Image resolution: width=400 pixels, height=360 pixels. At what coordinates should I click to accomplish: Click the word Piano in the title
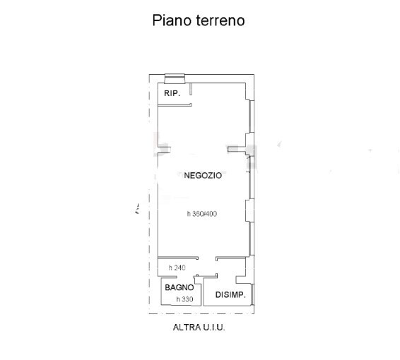[172, 20]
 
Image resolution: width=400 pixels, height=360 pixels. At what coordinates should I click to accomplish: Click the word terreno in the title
[220, 21]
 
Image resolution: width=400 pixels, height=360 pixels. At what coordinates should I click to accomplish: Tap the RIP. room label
[172, 93]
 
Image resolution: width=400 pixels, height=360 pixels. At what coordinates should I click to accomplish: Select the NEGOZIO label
[203, 175]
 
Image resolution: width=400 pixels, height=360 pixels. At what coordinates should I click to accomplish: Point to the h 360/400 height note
[202, 213]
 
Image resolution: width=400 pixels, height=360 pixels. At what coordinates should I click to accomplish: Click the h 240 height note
[177, 268]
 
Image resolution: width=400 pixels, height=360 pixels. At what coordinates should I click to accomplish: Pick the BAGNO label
[180, 287]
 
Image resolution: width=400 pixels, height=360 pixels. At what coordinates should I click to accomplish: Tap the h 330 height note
[184, 299]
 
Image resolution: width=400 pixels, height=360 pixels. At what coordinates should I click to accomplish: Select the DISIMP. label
[230, 295]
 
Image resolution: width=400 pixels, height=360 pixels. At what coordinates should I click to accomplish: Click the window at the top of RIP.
[175, 78]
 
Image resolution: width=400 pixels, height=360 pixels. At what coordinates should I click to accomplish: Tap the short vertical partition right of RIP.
[191, 89]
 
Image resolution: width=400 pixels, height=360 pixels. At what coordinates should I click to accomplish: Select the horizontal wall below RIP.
[175, 105]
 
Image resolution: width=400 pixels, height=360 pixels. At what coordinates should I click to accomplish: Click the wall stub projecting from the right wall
[237, 149]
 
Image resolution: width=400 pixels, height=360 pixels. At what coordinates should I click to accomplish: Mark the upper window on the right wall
[252, 116]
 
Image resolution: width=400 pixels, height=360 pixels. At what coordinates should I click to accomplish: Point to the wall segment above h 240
[178, 258]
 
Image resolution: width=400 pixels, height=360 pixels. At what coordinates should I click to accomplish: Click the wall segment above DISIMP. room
[230, 258]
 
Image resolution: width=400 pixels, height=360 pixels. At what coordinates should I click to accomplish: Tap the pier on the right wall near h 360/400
[249, 210]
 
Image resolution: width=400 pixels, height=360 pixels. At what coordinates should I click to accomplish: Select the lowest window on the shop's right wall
[252, 239]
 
